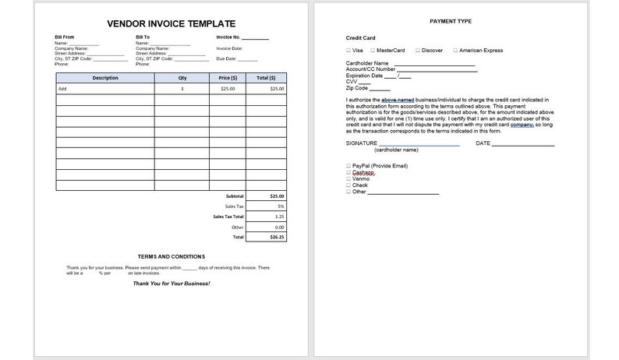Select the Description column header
(x=104, y=78)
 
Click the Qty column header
(x=182, y=78)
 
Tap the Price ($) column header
(x=228, y=78)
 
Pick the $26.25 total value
(x=277, y=237)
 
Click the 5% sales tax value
(x=280, y=206)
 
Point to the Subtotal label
(x=234, y=196)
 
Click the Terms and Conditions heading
(x=172, y=256)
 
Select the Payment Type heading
(x=451, y=21)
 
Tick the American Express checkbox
(x=455, y=50)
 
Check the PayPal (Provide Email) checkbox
(x=348, y=166)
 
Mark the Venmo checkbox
(x=348, y=178)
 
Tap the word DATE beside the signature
(x=483, y=143)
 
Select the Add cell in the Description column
(x=62, y=89)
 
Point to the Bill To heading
(x=143, y=37)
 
